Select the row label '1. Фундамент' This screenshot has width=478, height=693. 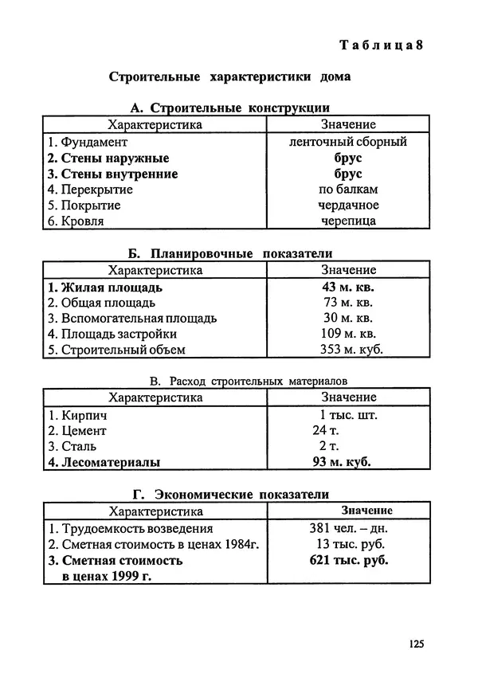click(87, 142)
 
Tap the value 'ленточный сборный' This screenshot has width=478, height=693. click(348, 142)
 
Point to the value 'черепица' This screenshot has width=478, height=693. click(348, 221)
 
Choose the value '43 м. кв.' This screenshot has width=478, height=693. click(348, 287)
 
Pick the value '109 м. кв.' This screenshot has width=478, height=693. click(348, 335)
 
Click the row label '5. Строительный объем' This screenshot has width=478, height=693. click(116, 350)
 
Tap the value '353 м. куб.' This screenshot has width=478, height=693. click(348, 350)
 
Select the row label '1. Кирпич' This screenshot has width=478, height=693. click(77, 415)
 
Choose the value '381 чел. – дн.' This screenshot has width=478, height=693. click(348, 528)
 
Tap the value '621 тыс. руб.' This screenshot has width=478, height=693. click(348, 560)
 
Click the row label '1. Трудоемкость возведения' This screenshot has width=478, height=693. click(130, 528)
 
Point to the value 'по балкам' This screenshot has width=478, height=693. click(348, 190)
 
